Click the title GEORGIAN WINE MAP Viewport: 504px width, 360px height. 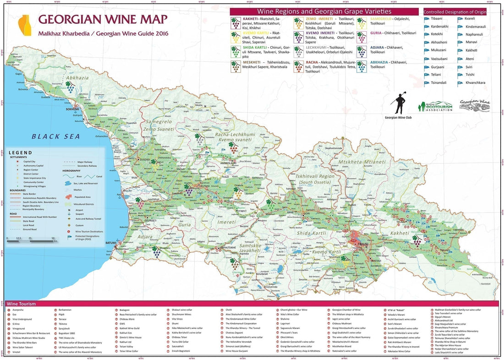coord(102,19)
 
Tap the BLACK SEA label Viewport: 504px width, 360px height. coord(56,136)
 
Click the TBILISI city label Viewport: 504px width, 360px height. coord(366,244)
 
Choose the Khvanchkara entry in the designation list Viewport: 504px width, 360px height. coord(475,83)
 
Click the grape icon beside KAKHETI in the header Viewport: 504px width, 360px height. coord(236,22)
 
